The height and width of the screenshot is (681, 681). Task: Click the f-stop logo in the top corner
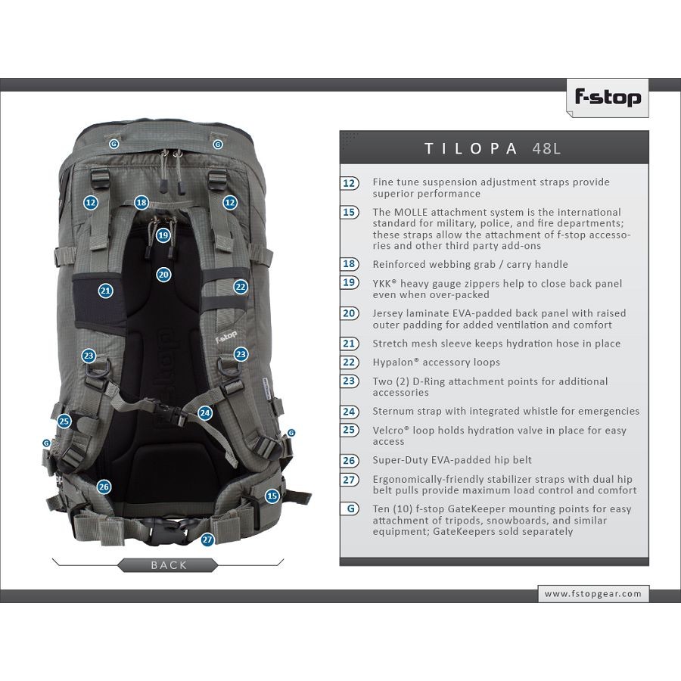coord(608,98)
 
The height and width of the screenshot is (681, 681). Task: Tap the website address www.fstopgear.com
coord(592,594)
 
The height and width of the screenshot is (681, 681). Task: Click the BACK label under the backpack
coord(169,565)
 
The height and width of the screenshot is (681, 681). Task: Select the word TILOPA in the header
coord(471,148)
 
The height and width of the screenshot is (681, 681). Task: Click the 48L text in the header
coord(546,148)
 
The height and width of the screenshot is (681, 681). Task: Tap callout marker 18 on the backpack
coord(141,202)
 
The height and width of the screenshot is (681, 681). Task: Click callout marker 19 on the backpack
coord(163,235)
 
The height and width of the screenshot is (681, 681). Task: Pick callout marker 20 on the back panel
coord(163,275)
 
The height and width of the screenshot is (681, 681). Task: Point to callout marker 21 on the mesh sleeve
coord(105,291)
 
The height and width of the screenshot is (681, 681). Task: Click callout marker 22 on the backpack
coord(241,286)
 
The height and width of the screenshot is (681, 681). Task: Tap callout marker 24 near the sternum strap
coord(205,413)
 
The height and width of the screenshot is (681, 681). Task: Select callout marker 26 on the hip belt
coord(104,487)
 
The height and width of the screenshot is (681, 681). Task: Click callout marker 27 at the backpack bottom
coord(207,540)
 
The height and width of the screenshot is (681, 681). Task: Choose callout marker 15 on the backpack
coord(272,496)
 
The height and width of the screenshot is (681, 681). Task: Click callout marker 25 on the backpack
coord(64,421)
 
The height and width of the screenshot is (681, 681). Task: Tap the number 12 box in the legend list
coord(350,183)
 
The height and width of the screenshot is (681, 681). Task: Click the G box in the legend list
coord(350,508)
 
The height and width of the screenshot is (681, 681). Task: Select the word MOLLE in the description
coord(410,213)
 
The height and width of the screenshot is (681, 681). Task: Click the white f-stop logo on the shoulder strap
coord(225,337)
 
